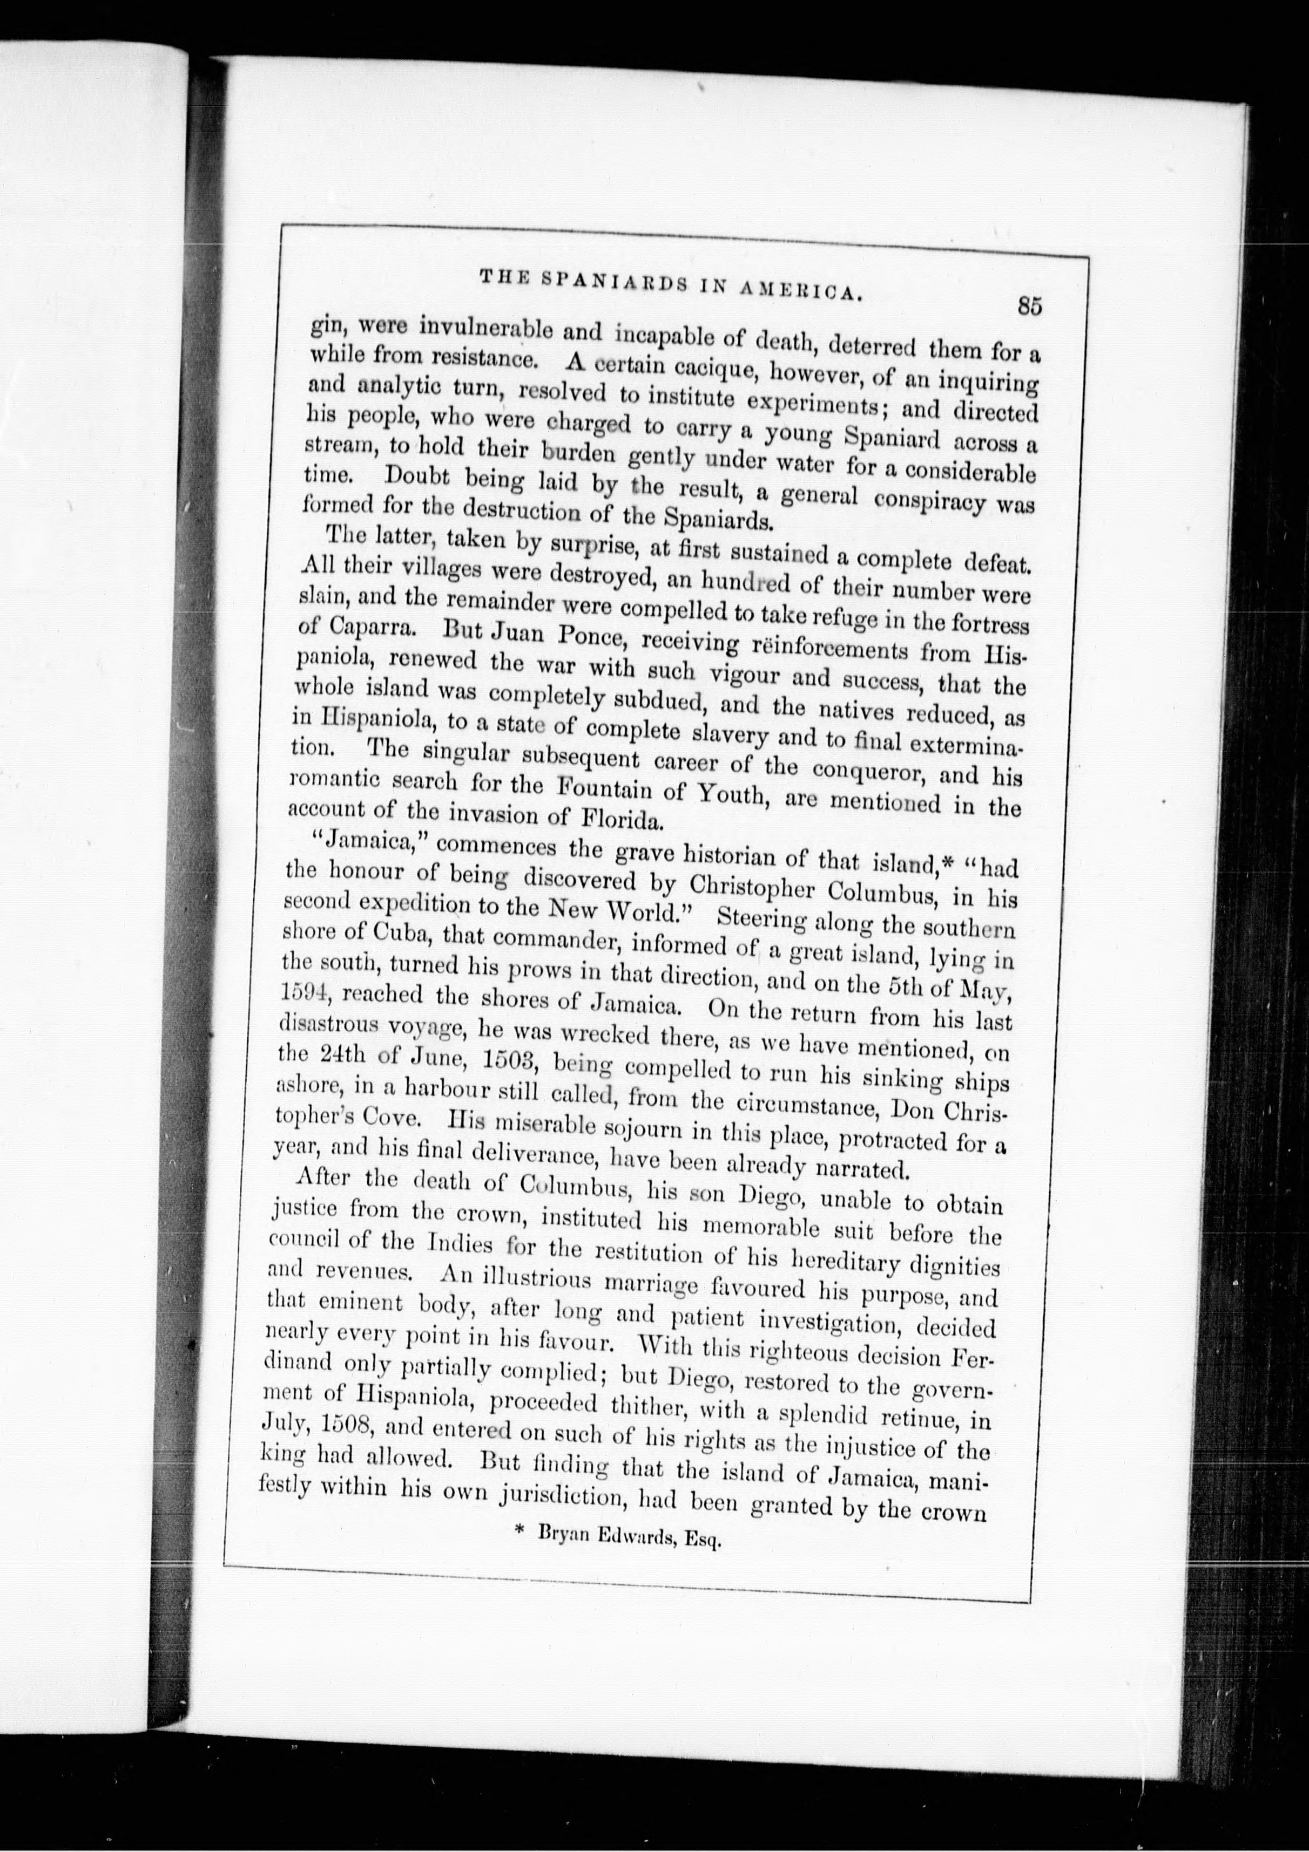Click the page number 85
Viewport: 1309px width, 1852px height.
click(1030, 306)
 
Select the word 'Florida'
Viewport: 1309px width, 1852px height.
click(622, 818)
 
